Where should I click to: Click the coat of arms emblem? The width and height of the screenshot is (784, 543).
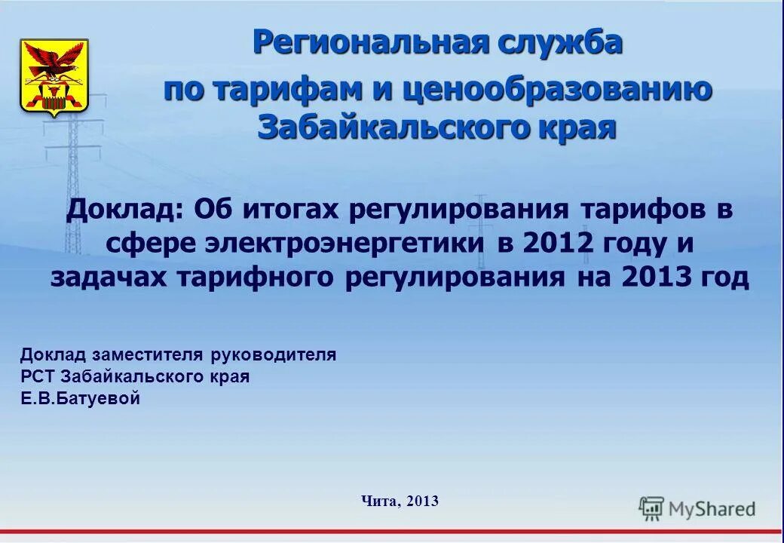click(x=54, y=77)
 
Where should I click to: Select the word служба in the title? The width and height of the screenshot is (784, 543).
click(x=559, y=42)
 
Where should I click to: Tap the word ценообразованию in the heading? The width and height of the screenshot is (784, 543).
click(x=557, y=90)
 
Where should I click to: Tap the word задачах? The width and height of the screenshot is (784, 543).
click(x=110, y=277)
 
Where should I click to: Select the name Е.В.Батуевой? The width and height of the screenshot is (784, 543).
click(x=80, y=399)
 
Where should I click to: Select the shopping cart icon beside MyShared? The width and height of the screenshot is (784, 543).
click(x=651, y=509)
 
